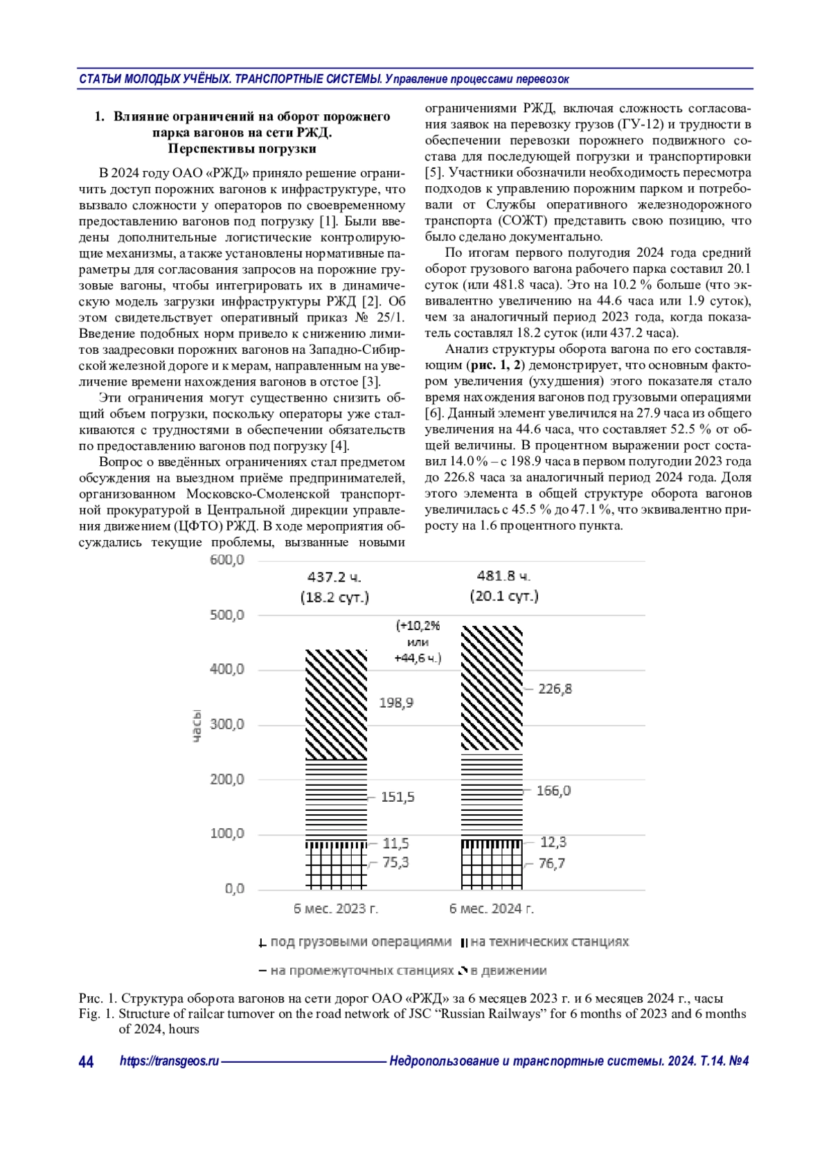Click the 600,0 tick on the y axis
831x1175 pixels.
[227, 560]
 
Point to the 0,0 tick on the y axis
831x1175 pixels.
[234, 888]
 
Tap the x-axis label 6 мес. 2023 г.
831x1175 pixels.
[336, 908]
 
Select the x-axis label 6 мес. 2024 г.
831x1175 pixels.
[492, 908]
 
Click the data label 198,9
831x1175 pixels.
[396, 703]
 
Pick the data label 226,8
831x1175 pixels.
[555, 689]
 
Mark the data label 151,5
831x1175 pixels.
[397, 797]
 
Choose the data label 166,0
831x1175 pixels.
[553, 791]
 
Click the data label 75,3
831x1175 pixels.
[395, 863]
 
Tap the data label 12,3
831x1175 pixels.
[553, 842]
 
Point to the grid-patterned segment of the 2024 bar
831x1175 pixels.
[492, 868]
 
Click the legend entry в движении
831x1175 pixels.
[508, 971]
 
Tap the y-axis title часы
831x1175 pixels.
[197, 726]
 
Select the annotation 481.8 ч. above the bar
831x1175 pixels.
[503, 576]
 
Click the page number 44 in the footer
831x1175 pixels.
[87, 1061]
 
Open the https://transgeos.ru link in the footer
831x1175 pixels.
[169, 1061]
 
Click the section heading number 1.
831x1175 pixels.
[99, 116]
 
